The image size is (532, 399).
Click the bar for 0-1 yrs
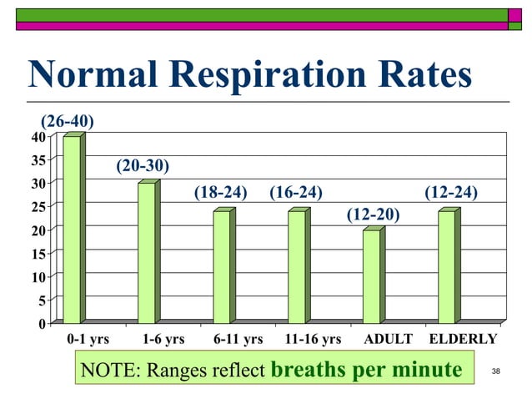pyautogui.click(x=73, y=229)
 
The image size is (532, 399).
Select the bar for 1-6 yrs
pyautogui.click(x=147, y=252)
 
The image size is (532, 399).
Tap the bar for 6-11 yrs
pyautogui.click(x=222, y=266)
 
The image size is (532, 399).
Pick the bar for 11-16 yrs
pyautogui.click(x=297, y=266)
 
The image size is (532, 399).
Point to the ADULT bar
pyautogui.click(x=372, y=275)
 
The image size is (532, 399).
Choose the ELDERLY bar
pyautogui.click(x=447, y=266)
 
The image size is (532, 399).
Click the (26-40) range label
pyautogui.click(x=68, y=122)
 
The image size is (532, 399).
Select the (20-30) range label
pyautogui.click(x=143, y=166)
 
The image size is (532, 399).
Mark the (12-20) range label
pyautogui.click(x=373, y=215)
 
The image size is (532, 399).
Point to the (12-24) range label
pyautogui.click(x=451, y=193)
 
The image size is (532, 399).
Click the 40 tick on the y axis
pyautogui.click(x=39, y=137)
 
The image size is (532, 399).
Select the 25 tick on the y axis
pyautogui.click(x=39, y=205)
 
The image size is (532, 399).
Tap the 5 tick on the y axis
pyautogui.click(x=43, y=299)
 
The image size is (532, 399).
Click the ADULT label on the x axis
pyautogui.click(x=389, y=339)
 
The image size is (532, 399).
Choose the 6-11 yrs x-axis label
pyautogui.click(x=238, y=339)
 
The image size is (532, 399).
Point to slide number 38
pyautogui.click(x=496, y=371)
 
